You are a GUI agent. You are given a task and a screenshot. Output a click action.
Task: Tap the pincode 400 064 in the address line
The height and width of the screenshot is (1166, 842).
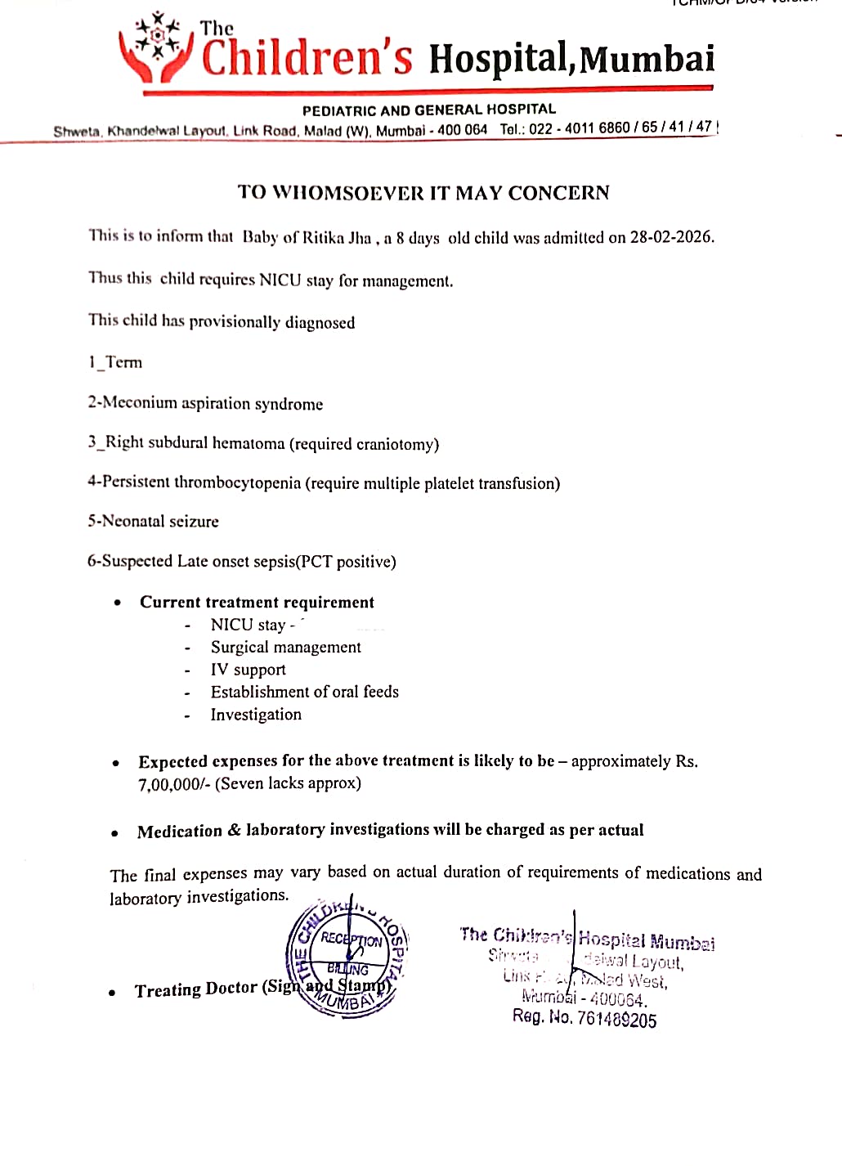click(462, 130)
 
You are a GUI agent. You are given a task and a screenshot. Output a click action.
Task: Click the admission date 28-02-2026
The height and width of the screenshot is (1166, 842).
click(671, 237)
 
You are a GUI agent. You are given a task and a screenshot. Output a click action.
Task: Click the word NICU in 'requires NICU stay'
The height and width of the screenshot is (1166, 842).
click(280, 280)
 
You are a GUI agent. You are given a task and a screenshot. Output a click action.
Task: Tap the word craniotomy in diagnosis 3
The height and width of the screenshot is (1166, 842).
click(396, 444)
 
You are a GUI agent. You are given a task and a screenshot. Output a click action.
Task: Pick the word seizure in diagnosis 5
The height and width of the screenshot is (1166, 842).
click(194, 522)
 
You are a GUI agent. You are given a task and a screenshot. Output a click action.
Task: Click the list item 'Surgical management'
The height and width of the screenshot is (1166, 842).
click(285, 647)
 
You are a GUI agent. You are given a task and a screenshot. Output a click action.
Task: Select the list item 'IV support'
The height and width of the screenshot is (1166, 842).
click(248, 670)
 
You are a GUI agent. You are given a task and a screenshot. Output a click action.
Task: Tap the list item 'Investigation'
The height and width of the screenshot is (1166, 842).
click(256, 715)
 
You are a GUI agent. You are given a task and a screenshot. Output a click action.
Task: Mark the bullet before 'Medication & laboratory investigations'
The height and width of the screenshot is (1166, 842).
click(115, 833)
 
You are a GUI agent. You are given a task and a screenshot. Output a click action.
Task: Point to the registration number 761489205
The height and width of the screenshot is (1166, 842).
click(616, 1020)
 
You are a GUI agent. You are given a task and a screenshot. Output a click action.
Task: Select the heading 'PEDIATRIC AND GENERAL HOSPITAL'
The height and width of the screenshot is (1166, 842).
click(428, 110)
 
